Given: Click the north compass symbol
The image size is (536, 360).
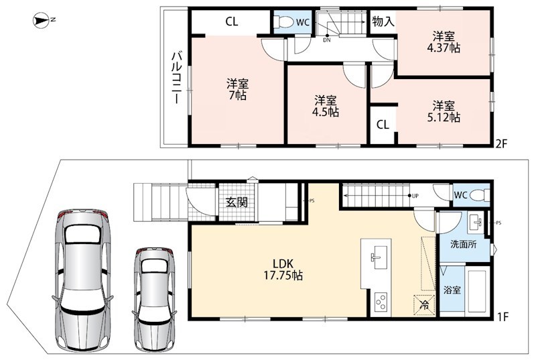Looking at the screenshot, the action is (42, 21).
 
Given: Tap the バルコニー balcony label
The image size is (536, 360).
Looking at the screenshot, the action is (176, 77).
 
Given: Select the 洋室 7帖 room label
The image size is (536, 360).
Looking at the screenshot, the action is (237, 89).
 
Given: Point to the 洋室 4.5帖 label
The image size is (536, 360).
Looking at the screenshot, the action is (326, 107).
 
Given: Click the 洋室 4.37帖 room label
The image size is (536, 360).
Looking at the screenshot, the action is (444, 42).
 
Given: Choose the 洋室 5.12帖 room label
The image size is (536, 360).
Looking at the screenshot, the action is (444, 111).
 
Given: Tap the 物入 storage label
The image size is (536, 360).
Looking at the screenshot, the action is (383, 22).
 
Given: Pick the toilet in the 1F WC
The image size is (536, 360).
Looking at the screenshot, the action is (480, 196).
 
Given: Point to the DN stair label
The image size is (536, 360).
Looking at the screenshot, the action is (327, 40).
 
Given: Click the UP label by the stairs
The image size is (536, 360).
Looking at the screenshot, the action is (415, 196).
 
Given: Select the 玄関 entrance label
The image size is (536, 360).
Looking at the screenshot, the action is (237, 202).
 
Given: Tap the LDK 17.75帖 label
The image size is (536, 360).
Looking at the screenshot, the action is (283, 269).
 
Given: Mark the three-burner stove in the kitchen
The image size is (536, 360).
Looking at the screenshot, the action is (381, 302).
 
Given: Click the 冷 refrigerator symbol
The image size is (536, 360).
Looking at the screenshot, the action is (424, 304).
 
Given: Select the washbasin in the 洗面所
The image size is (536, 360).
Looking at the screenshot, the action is (476, 222).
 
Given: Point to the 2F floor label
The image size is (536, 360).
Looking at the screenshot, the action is (501, 144).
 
